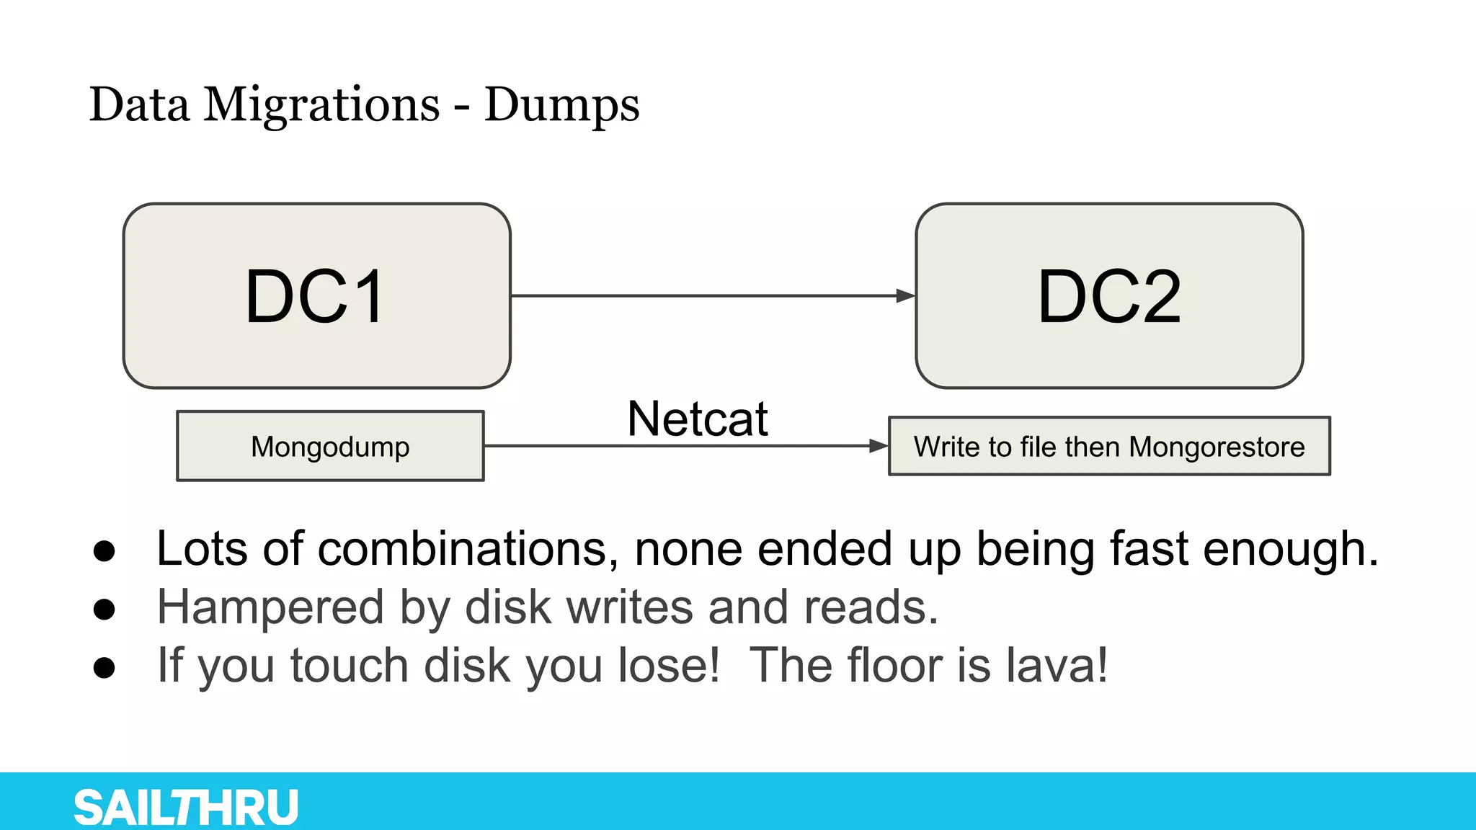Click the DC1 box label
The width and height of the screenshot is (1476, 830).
click(315, 296)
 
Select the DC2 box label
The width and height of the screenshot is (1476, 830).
click(1109, 296)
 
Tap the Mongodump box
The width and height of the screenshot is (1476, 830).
click(330, 446)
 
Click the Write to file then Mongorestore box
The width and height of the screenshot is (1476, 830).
click(1109, 446)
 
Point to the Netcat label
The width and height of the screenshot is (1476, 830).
click(698, 419)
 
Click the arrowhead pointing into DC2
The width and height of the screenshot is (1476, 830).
click(905, 295)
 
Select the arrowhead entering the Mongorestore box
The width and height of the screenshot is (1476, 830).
click(878, 446)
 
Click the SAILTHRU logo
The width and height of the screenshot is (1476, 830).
click(186, 807)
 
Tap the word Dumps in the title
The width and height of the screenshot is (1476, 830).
click(561, 105)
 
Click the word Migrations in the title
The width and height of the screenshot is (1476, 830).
click(321, 105)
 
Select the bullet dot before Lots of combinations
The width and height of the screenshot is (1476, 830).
click(105, 551)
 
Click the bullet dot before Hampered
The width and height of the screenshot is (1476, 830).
click(105, 610)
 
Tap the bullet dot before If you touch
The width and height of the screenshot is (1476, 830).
click(105, 667)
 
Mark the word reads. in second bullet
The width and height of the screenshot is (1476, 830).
click(871, 607)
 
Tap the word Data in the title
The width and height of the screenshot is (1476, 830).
click(140, 105)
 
